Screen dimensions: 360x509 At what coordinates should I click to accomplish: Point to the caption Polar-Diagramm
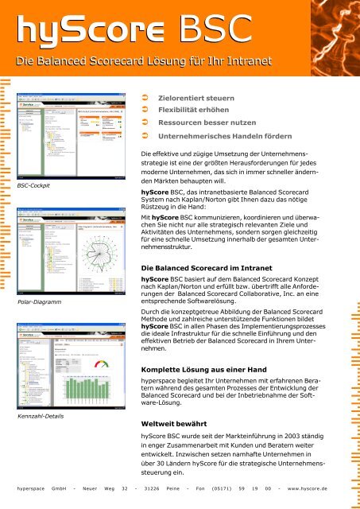(40, 301)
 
